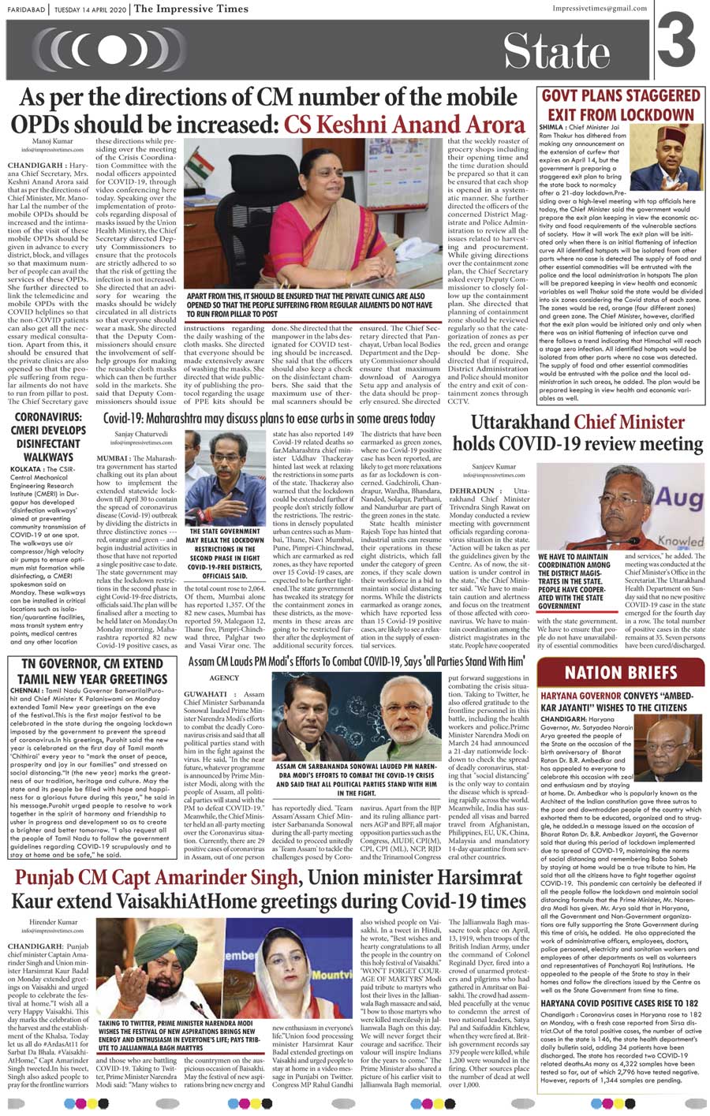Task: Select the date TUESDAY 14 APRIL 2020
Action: pyautogui.click(x=89, y=9)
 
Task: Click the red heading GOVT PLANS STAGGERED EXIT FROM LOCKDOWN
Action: pyautogui.click(x=620, y=103)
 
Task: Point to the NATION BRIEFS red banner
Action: pyautogui.click(x=621, y=673)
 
